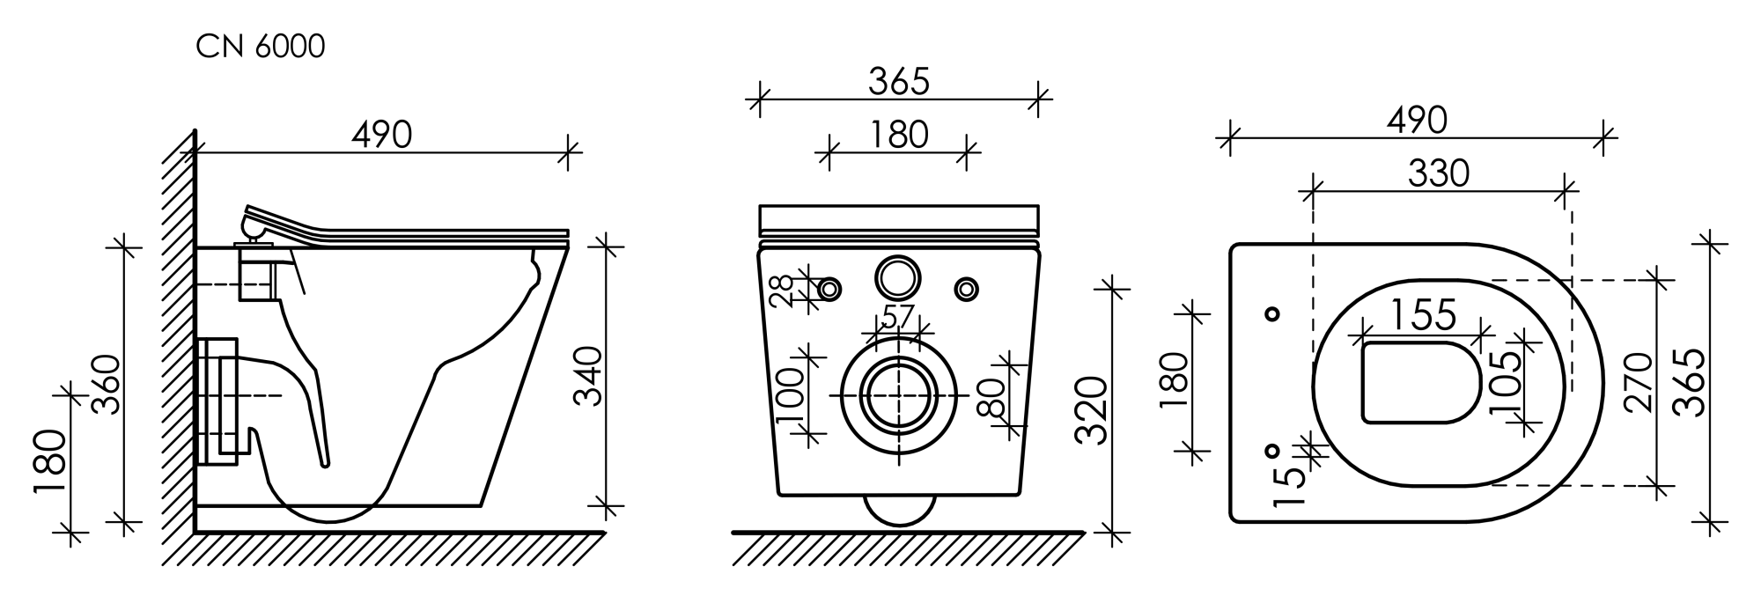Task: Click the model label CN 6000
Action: coord(261,47)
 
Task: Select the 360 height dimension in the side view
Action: coord(107,384)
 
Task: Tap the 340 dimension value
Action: coord(588,376)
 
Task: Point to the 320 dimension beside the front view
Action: coord(1092,410)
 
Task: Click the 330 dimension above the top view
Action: coord(1439,173)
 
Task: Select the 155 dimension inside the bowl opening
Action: coord(1424,314)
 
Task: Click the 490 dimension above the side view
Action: coord(382,134)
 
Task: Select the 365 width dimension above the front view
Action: coord(899,81)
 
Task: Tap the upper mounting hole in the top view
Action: coord(1271,313)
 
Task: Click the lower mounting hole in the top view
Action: coord(1271,451)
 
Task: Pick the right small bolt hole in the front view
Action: coord(966,288)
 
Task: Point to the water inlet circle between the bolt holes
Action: coord(898,276)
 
